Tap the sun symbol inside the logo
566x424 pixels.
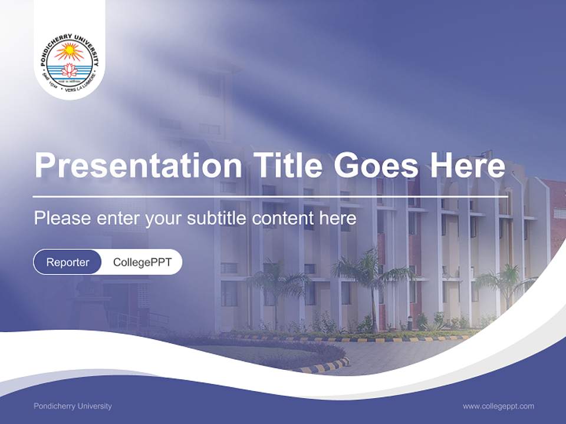click(70, 52)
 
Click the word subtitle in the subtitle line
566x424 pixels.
click(218, 218)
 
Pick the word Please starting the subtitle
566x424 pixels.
click(62, 218)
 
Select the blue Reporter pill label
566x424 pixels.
click(67, 262)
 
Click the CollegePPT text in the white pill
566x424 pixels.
click(141, 262)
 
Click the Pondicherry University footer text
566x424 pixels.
click(73, 406)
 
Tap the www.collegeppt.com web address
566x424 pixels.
click(498, 406)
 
